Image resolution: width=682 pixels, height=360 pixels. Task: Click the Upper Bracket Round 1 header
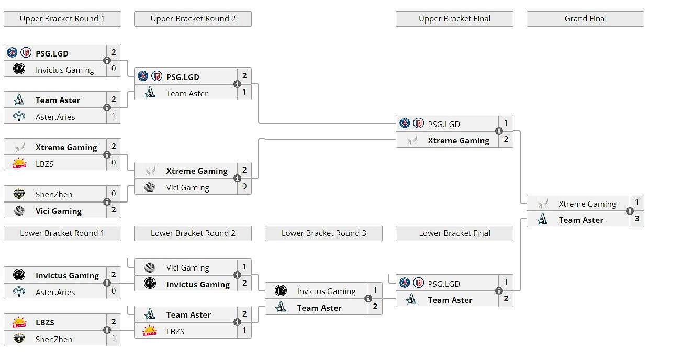point(62,19)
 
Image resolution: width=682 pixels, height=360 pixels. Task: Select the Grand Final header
point(585,19)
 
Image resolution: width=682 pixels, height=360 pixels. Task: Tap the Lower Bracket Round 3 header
point(323,233)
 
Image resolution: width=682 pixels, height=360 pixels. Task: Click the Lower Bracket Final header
point(454,233)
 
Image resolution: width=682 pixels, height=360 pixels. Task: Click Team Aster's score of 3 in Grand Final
point(636,219)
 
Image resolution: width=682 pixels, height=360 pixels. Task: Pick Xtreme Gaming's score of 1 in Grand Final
point(636,203)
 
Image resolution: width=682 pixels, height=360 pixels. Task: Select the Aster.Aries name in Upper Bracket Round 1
point(55,117)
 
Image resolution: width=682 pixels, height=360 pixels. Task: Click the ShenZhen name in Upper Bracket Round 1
point(54,194)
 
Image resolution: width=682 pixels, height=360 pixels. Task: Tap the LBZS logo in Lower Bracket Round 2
point(150,331)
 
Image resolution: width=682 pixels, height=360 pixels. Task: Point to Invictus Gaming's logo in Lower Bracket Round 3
point(281,290)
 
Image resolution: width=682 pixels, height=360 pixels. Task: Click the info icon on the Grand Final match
point(630,211)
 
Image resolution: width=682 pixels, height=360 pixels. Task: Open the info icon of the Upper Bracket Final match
point(499,131)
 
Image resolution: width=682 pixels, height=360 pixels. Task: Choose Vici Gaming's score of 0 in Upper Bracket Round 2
point(244,186)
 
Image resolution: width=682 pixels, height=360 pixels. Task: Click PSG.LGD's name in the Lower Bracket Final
point(444,284)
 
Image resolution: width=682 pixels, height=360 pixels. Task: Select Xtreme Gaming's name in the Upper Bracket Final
point(458,140)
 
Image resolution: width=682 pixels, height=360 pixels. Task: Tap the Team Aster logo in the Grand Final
point(543,220)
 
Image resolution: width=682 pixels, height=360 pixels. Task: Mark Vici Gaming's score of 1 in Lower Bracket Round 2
point(244,267)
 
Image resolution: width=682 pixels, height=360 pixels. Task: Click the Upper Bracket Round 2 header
point(193,19)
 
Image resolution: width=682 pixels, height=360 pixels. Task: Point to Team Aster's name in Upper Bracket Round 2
point(187,93)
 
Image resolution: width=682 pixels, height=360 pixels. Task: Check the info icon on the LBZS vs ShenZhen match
point(107,330)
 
